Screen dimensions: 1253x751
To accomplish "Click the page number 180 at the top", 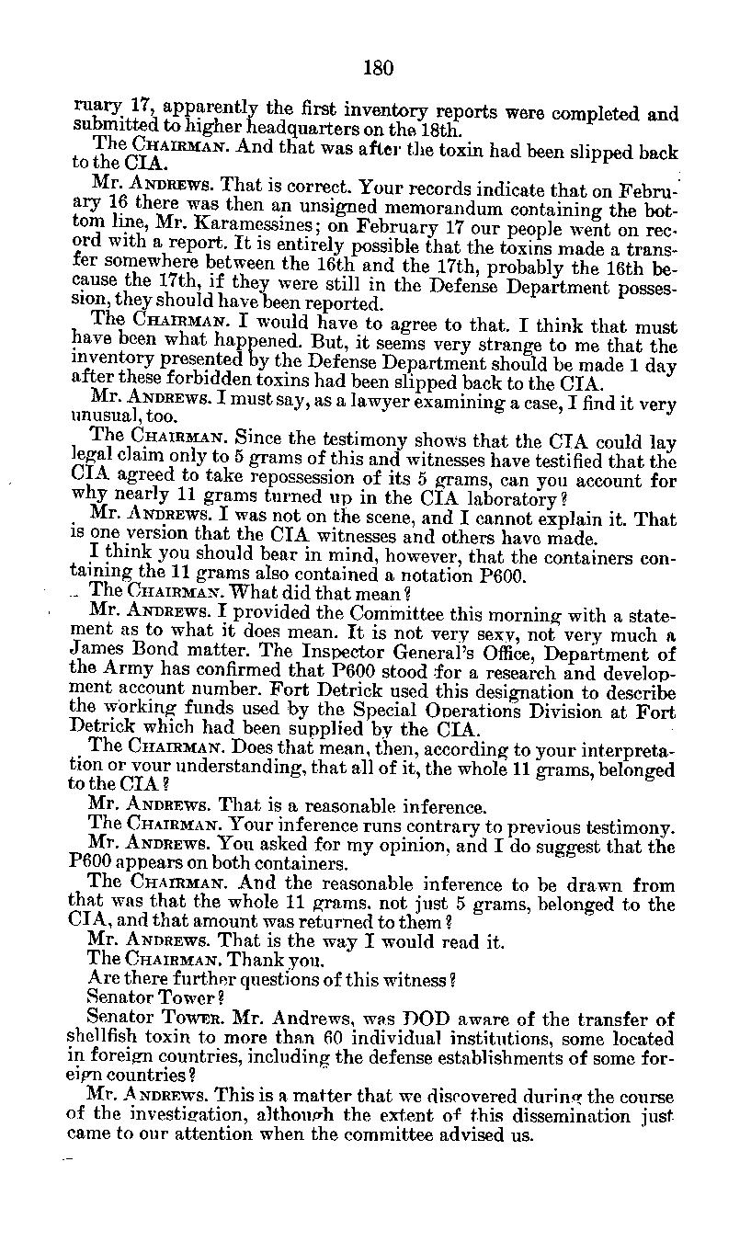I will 377,67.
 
